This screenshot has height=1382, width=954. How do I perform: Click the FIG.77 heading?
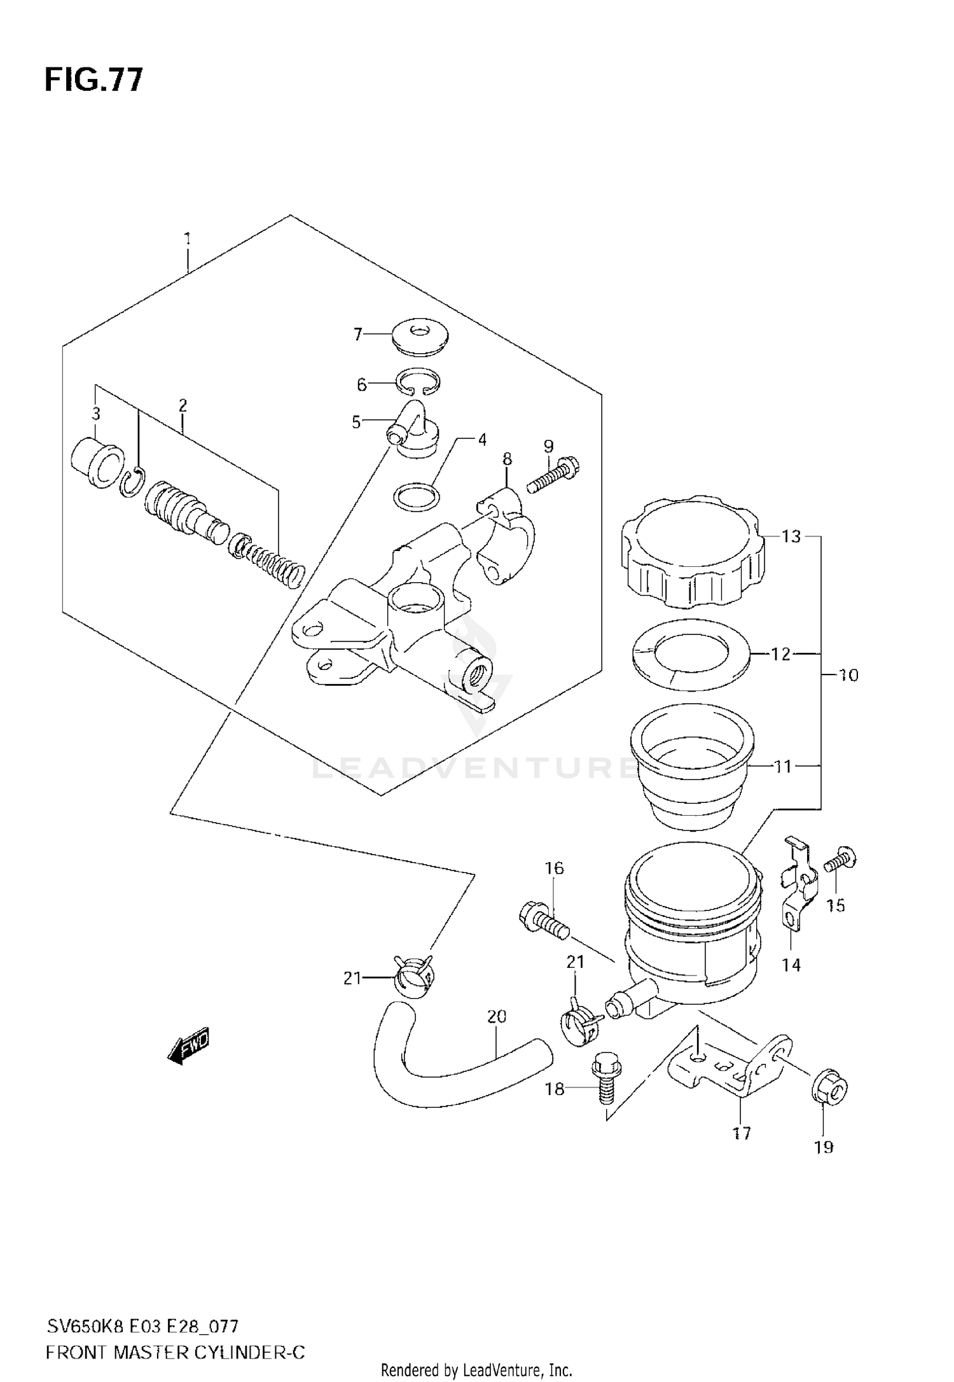pos(94,80)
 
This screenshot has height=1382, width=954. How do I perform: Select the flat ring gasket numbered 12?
pos(692,654)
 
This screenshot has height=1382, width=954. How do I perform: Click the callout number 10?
pos(848,674)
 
